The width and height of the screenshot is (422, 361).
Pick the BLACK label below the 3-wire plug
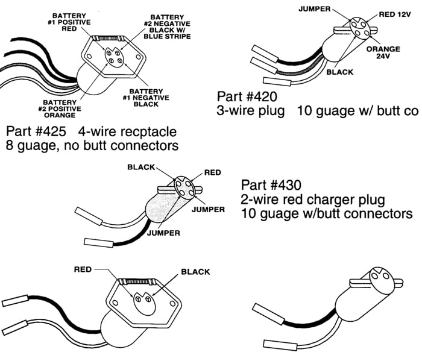pos(339,72)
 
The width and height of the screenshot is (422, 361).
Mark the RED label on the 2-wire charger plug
pos(212,172)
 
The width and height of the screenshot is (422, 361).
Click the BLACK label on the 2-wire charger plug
pos(142,168)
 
